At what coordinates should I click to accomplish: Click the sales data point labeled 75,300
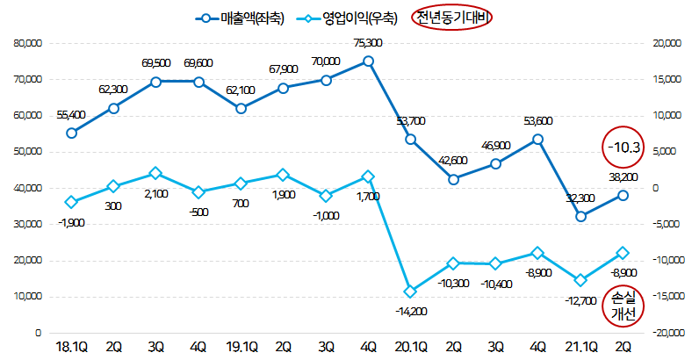pos(368,61)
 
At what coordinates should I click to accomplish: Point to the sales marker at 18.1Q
pos(71,133)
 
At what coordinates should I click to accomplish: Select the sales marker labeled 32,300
pos(580,216)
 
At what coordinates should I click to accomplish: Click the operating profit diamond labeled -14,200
pos(410,291)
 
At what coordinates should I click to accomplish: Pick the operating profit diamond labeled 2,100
pos(155,173)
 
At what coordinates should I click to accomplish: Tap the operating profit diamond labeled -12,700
pos(580,280)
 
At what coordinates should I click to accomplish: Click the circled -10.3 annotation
pos(624,148)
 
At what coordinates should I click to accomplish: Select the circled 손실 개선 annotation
pos(626,306)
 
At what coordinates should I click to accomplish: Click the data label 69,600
pos(198,63)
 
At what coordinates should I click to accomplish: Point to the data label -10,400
pos(495,284)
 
